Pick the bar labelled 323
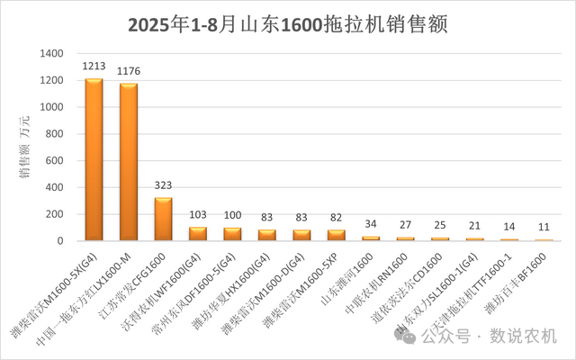(x=163, y=220)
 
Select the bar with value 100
(x=232, y=234)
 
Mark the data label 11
(x=543, y=229)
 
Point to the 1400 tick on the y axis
(x=51, y=54)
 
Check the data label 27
(x=405, y=227)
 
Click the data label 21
(x=473, y=228)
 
